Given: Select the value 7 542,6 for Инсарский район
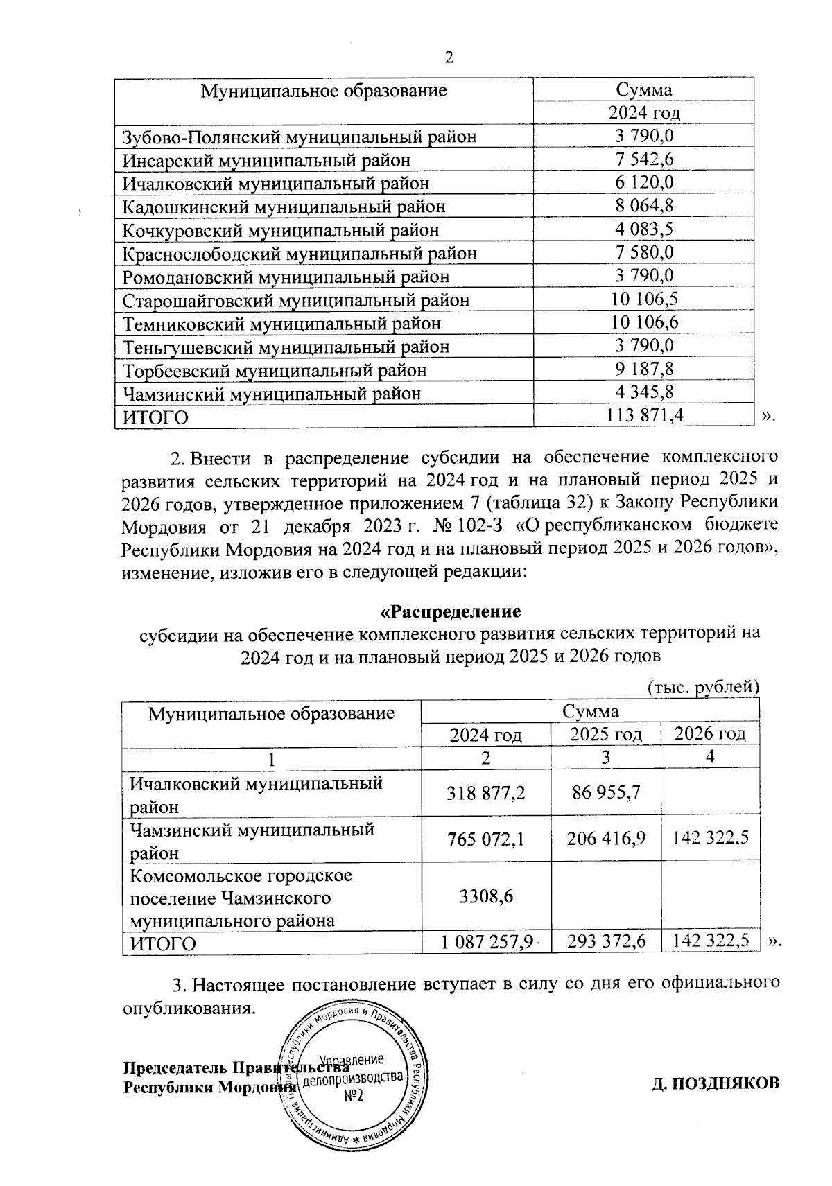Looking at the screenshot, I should pyautogui.click(x=644, y=159).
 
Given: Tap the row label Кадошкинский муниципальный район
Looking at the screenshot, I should pyautogui.click(x=284, y=207).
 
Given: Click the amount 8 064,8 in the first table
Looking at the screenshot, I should pyautogui.click(x=644, y=206).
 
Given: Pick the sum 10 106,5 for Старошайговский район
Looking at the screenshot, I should pyautogui.click(x=644, y=299).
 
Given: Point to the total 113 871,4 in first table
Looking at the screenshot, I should pyautogui.click(x=644, y=416).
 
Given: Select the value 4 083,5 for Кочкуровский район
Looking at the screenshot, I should pyautogui.click(x=644, y=229).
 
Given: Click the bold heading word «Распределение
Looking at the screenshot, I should pyautogui.click(x=451, y=612).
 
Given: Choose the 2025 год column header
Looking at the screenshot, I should pyautogui.click(x=605, y=734).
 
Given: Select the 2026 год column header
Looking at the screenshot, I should pyautogui.click(x=710, y=734).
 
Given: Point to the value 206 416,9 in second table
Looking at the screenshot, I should pyautogui.click(x=606, y=839).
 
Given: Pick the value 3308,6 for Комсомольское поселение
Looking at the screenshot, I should pyautogui.click(x=486, y=897).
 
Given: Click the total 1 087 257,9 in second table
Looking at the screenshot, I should pyautogui.click(x=485, y=943).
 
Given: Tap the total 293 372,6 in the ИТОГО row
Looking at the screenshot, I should pyautogui.click(x=606, y=943).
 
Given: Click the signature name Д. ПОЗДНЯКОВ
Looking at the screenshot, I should pyautogui.click(x=715, y=1083).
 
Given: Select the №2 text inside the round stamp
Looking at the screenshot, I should pyautogui.click(x=354, y=1097).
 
